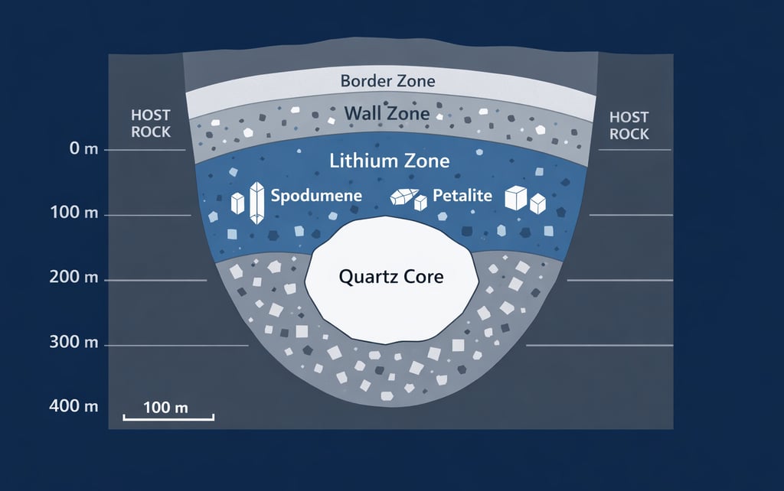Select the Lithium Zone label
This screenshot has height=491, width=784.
click(389, 161)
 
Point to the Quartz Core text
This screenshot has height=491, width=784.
click(391, 277)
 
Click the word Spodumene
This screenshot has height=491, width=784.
click(317, 195)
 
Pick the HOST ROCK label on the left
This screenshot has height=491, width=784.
click(151, 124)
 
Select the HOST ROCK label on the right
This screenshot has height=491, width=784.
click(629, 125)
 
